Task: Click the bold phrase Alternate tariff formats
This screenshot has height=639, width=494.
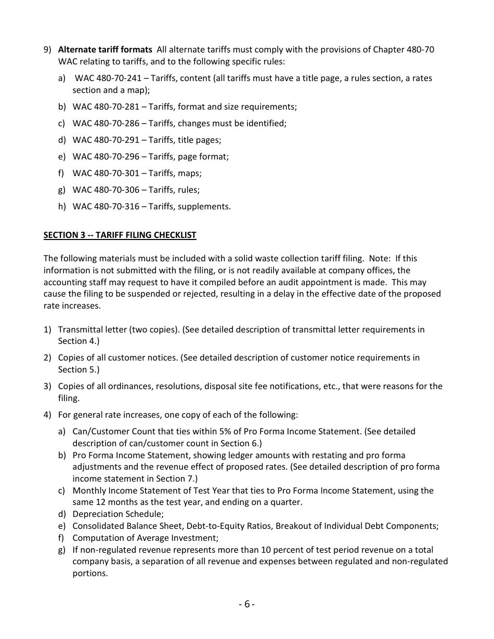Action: coord(105,50)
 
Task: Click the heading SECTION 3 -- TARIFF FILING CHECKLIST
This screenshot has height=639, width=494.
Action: coord(120,235)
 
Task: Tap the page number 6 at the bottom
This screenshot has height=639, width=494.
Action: coord(247,604)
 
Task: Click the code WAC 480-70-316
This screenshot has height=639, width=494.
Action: coord(106,206)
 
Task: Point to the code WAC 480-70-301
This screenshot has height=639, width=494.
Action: coord(106,173)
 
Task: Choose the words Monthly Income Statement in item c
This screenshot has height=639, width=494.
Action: coord(120,490)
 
